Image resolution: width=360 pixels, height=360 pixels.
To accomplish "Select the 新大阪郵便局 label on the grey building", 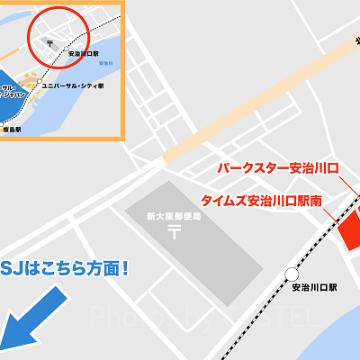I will pyautogui.click(x=174, y=217).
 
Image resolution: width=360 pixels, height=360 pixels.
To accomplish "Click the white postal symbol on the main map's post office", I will pyautogui.click(x=174, y=233).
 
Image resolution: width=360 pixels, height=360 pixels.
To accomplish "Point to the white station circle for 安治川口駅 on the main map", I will pyautogui.click(x=292, y=274).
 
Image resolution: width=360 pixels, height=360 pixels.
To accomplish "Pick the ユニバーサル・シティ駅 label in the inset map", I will pyautogui.click(x=72, y=86).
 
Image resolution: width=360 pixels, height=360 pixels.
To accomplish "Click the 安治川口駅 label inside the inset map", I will pyautogui.click(x=83, y=55).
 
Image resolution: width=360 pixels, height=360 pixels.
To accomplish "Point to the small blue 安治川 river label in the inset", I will pyautogui.click(x=106, y=63).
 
